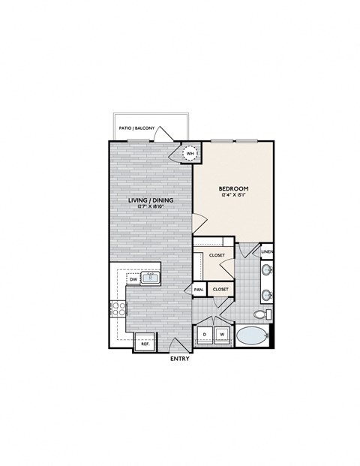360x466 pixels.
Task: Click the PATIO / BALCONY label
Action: tap(137, 129)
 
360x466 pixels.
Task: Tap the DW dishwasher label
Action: tap(132, 279)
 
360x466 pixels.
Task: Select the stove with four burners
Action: tap(118, 307)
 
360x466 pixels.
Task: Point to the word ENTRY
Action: tap(180, 359)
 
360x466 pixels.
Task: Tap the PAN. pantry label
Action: tap(199, 289)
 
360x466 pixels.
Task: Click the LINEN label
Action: tap(267, 251)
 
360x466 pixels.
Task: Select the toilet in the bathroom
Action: tap(260, 314)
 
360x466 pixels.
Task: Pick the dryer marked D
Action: tap(205, 334)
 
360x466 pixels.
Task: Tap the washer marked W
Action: tap(223, 334)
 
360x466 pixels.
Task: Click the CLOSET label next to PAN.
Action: tap(220, 289)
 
